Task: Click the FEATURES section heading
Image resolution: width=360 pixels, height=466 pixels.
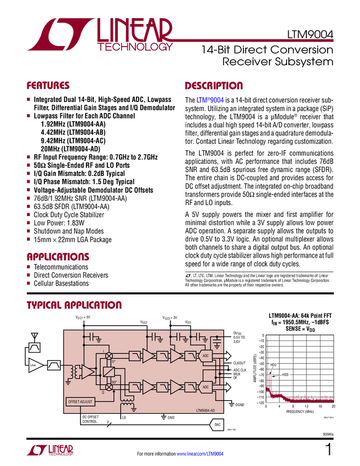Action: tap(48, 86)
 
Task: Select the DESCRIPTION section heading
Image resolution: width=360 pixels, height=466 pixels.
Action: tap(214, 86)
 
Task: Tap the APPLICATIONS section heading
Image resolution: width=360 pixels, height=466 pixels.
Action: tap(58, 257)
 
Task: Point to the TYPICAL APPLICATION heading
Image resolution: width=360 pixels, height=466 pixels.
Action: tap(74, 305)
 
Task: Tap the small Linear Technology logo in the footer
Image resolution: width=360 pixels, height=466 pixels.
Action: tap(49, 450)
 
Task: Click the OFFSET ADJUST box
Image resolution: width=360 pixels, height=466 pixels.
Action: tap(80, 401)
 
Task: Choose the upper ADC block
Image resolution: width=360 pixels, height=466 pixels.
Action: tap(205, 356)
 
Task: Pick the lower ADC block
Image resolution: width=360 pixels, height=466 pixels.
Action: tap(205, 387)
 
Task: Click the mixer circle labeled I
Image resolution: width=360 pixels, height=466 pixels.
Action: tap(108, 356)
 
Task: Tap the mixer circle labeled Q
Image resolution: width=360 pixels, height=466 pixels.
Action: tap(108, 387)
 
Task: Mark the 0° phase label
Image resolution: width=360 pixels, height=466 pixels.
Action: tap(114, 362)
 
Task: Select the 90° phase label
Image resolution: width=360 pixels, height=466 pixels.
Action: tap(114, 381)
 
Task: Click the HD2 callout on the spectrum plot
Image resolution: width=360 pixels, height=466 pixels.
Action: tap(273, 365)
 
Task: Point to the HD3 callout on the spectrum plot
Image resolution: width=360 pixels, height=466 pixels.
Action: tap(285, 374)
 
